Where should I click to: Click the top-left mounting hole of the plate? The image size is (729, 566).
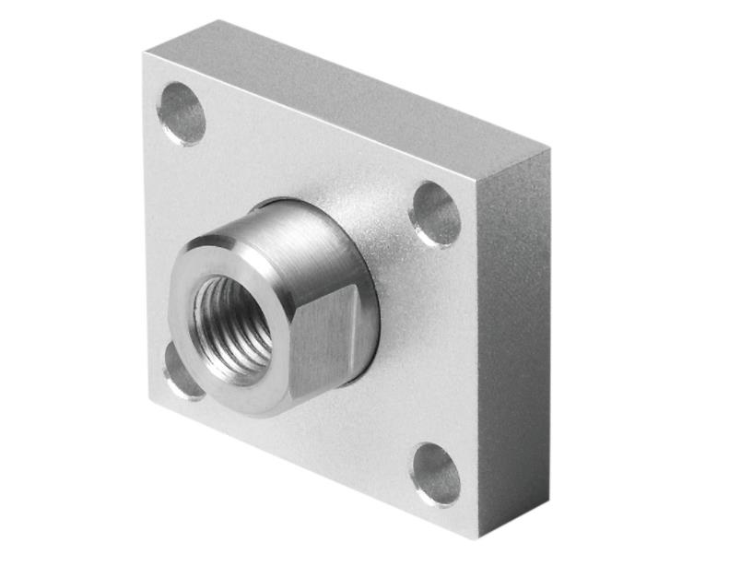pos(181,113)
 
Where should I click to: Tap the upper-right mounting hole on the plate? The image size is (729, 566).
pos(435,214)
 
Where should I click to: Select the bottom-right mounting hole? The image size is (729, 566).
pos(436,474)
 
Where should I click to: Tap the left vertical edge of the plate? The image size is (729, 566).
pos(147,230)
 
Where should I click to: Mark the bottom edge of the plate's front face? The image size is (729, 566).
pos(313,471)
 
